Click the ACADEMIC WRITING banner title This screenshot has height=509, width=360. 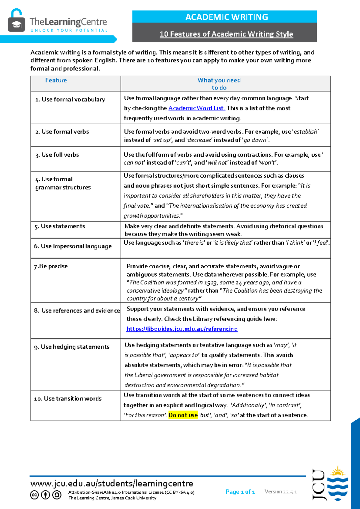coord(226,17)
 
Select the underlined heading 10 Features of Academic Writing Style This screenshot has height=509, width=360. coord(226,34)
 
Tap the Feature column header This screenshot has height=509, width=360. coord(56,80)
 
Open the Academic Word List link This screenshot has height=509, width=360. coord(196,108)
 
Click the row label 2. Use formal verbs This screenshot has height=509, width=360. coord(62,131)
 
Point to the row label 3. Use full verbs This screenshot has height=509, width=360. coord(57,155)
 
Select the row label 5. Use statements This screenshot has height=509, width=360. coord(60,226)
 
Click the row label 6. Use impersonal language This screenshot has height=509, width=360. coord(73,246)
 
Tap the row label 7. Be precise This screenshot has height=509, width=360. coord(51,266)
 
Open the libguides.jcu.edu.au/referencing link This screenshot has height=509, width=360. coord(182,329)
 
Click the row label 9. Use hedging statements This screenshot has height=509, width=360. coord(72,347)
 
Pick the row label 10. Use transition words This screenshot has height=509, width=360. coord(68,399)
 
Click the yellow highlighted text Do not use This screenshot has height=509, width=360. coord(183,415)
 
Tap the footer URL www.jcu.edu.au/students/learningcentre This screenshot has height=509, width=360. coord(112,483)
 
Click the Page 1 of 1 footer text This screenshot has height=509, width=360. coord(240,492)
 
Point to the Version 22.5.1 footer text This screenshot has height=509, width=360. coord(280,492)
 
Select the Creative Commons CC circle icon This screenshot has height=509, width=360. coord(34,495)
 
